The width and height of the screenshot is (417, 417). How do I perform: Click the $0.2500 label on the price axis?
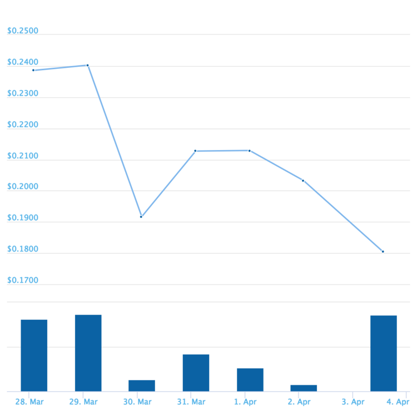[x=23, y=31]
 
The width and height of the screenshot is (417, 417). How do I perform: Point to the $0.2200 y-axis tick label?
[x=23, y=125]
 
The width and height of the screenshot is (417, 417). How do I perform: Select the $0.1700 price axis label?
[x=23, y=280]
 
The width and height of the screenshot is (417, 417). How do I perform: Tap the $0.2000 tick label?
[x=23, y=187]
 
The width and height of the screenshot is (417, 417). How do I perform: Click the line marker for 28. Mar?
[x=33, y=70]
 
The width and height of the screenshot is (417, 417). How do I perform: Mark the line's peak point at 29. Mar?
[x=88, y=65]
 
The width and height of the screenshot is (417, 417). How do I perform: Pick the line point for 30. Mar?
[x=141, y=217]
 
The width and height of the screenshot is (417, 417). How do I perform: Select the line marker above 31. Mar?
[x=195, y=151]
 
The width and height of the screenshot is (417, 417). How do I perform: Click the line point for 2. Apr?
[x=303, y=181]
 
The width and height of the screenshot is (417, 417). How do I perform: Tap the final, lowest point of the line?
[x=383, y=252]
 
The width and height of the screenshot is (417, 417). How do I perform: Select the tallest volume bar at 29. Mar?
[x=88, y=353]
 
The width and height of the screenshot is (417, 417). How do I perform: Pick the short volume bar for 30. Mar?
[x=142, y=385]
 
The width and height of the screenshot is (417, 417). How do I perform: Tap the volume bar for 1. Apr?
[x=250, y=379]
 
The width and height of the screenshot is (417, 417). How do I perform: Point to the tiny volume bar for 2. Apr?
[x=304, y=388]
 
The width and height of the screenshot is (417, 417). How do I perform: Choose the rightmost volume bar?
[x=384, y=353]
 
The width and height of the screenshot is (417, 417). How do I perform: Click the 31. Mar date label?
[x=191, y=401]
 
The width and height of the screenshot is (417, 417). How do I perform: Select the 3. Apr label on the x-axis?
[x=353, y=401]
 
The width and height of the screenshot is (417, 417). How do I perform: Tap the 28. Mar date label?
[x=29, y=401]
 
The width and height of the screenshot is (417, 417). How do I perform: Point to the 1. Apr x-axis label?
[x=245, y=401]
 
